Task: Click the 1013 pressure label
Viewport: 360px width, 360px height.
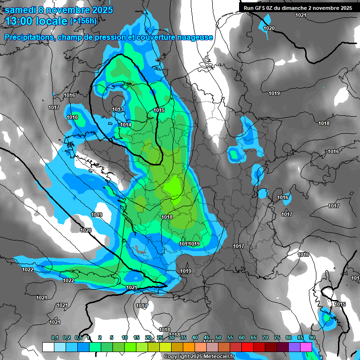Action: pyautogui.click(x=118, y=110)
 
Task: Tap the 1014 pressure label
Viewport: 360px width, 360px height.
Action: pyautogui.click(x=126, y=125)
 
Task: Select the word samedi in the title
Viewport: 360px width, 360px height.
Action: pyautogui.click(x=21, y=10)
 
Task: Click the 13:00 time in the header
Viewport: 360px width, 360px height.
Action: pyautogui.click(x=19, y=21)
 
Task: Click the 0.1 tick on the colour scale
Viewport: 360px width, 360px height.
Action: pyautogui.click(x=55, y=338)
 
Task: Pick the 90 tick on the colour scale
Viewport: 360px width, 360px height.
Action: pyautogui.click(x=312, y=338)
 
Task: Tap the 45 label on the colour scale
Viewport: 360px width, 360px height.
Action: pyautogui.click(x=207, y=338)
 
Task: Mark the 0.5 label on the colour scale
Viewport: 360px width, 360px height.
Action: pyautogui.click(x=78, y=338)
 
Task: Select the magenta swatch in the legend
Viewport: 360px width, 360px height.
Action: pyautogui.click(x=306, y=347)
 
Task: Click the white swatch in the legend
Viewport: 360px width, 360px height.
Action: pyautogui.click(x=48, y=347)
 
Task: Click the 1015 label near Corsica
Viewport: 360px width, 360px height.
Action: pyautogui.click(x=340, y=305)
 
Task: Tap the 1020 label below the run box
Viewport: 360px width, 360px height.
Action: pyautogui.click(x=269, y=29)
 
